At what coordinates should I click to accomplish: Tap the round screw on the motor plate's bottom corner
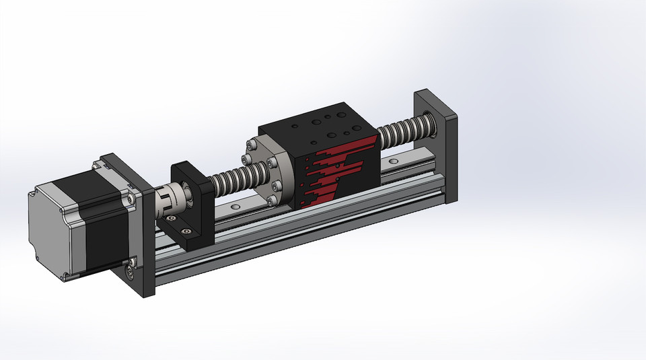point(129,272)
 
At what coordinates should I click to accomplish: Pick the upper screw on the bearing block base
point(173,219)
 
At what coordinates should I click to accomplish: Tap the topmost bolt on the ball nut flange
point(253,143)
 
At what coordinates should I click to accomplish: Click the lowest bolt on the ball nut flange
point(271,200)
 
